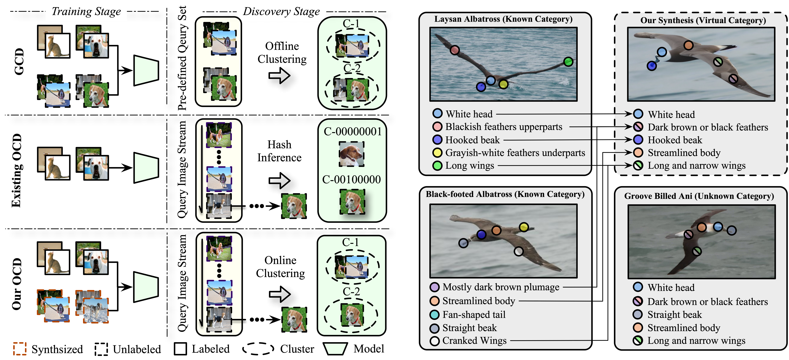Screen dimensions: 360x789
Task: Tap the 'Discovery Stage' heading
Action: click(281, 12)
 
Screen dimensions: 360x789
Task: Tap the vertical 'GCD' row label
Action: click(19, 61)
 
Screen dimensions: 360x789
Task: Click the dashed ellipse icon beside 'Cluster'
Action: click(258, 349)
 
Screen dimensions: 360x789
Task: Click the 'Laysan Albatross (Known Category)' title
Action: click(503, 19)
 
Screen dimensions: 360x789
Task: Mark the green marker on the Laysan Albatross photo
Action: click(568, 62)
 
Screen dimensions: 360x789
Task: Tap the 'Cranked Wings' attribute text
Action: click(474, 340)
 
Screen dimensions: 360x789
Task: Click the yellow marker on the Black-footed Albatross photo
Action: click(524, 227)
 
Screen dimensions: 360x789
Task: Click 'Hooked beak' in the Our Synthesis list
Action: click(675, 140)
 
